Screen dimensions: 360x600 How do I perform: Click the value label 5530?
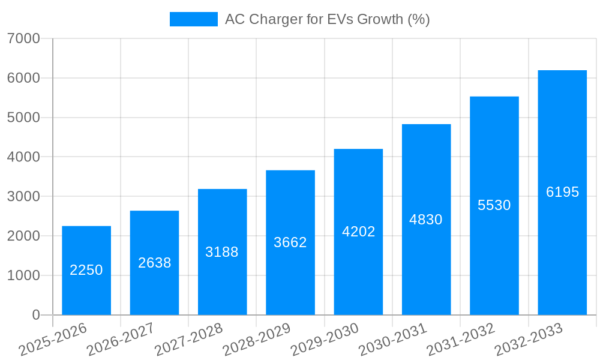(x=494, y=205)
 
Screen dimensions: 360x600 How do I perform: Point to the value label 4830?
(x=426, y=220)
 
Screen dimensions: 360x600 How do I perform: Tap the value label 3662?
(x=290, y=242)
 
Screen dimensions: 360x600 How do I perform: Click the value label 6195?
(x=562, y=192)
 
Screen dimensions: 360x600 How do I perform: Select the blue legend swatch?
(x=193, y=19)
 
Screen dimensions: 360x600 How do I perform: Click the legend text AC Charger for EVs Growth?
(x=327, y=19)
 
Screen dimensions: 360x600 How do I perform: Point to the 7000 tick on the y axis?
(x=23, y=38)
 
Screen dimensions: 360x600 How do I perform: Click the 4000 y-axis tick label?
(x=23, y=157)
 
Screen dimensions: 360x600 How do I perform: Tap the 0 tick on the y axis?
(x=35, y=315)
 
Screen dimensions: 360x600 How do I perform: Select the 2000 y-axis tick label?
(x=23, y=236)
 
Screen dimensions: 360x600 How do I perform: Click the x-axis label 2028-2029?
(x=257, y=339)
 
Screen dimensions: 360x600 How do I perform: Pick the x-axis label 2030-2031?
(x=393, y=339)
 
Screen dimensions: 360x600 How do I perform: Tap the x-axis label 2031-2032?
(x=461, y=339)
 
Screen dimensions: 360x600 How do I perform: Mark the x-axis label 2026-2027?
(x=121, y=339)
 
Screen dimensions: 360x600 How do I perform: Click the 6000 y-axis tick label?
(x=23, y=78)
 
